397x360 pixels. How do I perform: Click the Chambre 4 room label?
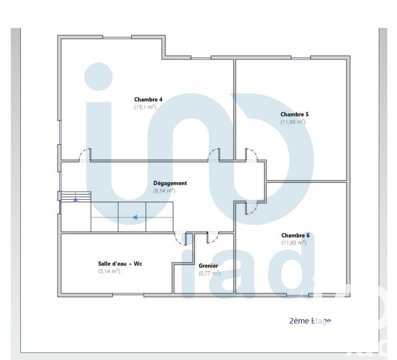click(148, 99)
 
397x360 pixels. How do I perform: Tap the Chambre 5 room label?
click(294, 114)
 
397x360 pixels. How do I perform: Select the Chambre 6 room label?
click(295, 235)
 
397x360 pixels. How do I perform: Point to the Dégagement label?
click(170, 183)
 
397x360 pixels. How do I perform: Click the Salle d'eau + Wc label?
click(120, 264)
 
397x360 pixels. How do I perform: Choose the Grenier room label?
click(208, 266)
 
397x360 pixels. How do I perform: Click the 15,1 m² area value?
click(145, 107)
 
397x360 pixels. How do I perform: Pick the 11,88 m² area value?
click(293, 122)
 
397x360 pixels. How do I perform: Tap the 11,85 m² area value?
click(294, 243)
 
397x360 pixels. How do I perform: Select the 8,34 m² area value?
click(164, 190)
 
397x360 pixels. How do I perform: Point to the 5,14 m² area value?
click(109, 271)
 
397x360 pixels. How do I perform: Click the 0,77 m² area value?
click(209, 273)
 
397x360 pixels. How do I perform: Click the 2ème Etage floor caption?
click(310, 321)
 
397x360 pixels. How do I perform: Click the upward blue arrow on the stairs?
click(75, 200)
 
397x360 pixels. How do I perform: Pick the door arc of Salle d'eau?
click(179, 239)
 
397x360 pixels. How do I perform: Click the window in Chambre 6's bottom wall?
click(298, 296)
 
